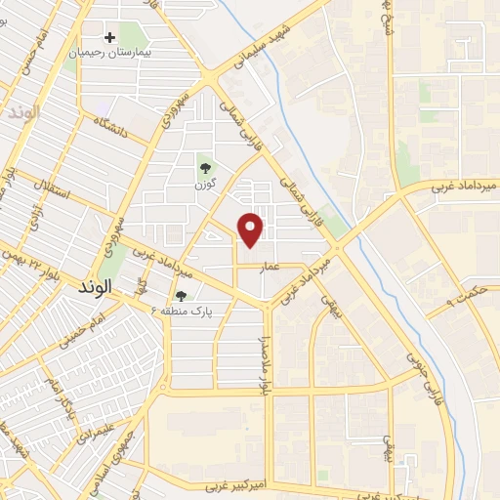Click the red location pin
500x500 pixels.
pyautogui.click(x=252, y=229)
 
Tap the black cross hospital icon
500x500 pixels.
pyautogui.click(x=110, y=37)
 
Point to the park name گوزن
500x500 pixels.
pyautogui.click(x=204, y=183)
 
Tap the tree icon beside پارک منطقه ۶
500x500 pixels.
pyautogui.click(x=181, y=296)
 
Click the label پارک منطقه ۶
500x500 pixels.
pyautogui.click(x=182, y=311)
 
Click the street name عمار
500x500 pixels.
pyautogui.click(x=270, y=265)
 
